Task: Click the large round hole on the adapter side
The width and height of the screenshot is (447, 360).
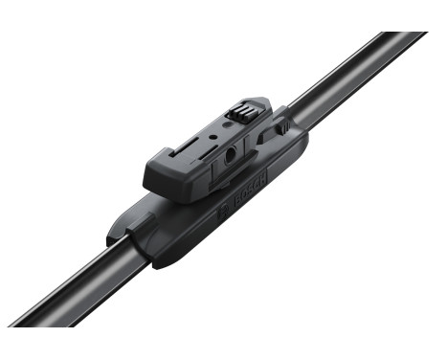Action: point(231,156)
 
